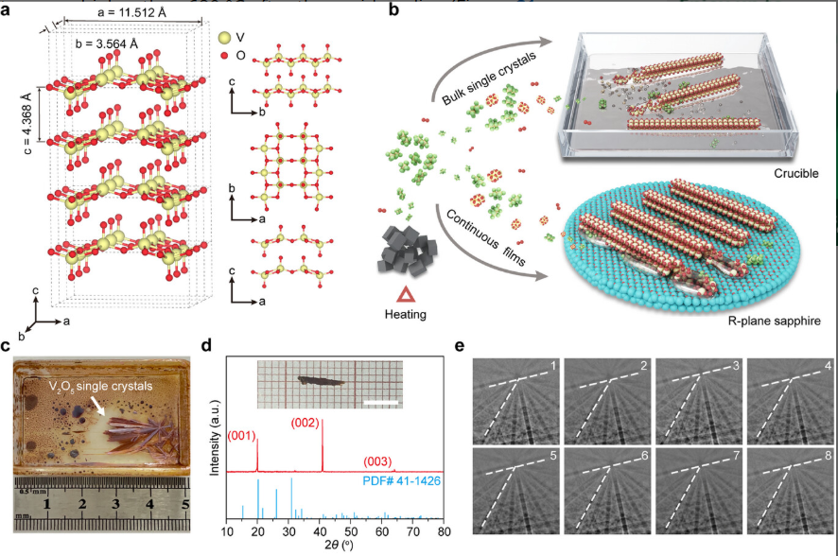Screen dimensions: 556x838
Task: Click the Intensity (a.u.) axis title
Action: pyautogui.click(x=217, y=441)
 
